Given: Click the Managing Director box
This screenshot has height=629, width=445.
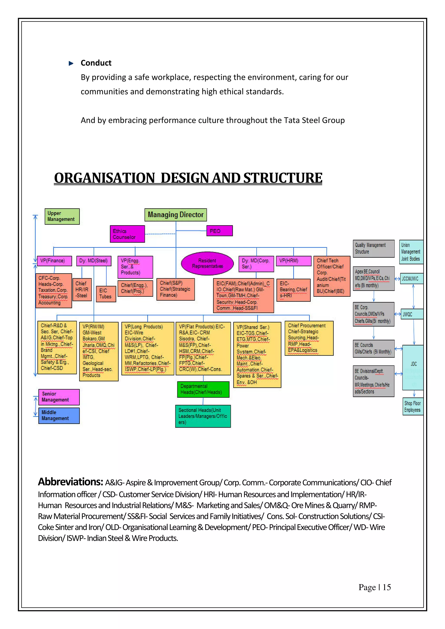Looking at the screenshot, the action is pyautogui.click(x=176, y=215).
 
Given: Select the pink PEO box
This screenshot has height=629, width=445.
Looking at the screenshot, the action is pyautogui.click(x=219, y=231).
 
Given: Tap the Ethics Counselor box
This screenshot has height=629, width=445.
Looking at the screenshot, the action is pyautogui.click(x=127, y=234).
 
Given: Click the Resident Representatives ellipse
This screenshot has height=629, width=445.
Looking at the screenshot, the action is pyautogui.click(x=208, y=263).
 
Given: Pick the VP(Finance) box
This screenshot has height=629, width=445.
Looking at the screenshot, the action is pyautogui.click(x=55, y=261).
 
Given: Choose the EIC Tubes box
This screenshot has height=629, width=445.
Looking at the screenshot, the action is pyautogui.click(x=106, y=294).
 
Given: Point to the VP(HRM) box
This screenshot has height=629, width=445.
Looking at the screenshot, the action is pyautogui.click(x=294, y=261).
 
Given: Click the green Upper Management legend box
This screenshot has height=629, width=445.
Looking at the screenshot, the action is pyautogui.click(x=62, y=216).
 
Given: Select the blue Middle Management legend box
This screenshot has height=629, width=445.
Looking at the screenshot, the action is pyautogui.click(x=59, y=415).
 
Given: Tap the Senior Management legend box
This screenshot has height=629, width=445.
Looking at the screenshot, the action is pyautogui.click(x=59, y=397).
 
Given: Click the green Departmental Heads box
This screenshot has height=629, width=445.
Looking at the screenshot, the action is pyautogui.click(x=203, y=389).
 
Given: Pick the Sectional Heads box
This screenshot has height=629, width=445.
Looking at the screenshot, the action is pyautogui.click(x=203, y=416).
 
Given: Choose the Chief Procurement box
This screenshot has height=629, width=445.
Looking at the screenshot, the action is pyautogui.click(x=309, y=338).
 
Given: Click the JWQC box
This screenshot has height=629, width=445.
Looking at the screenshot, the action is pyautogui.click(x=412, y=314).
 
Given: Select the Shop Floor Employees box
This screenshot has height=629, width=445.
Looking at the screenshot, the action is pyautogui.click(x=413, y=407).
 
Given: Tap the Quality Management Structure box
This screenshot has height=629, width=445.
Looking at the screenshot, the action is pyautogui.click(x=374, y=248).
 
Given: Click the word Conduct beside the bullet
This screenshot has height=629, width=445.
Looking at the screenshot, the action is pyautogui.click(x=96, y=63).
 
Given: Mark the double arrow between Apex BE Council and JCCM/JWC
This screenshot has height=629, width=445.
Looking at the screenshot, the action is pyautogui.click(x=397, y=279).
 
